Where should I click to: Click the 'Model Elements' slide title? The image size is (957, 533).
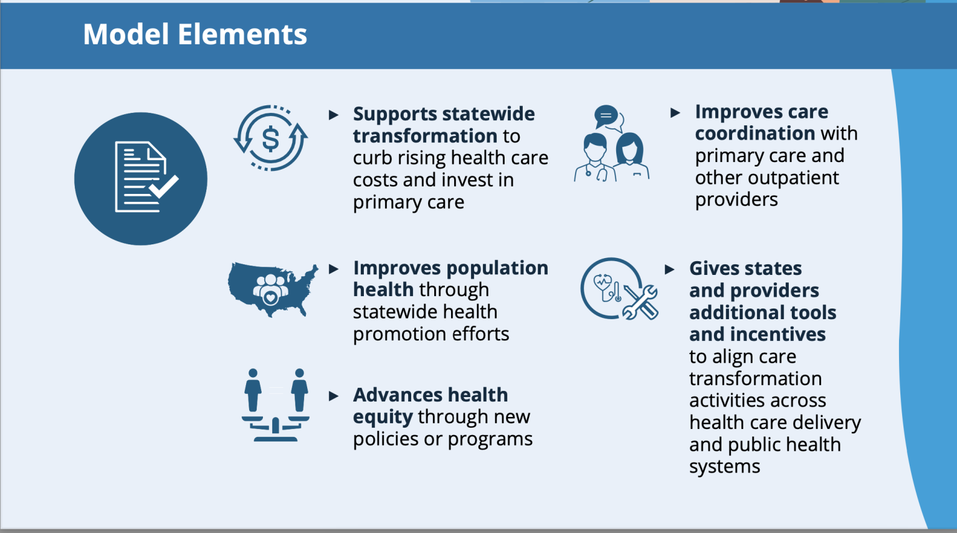coord(195,34)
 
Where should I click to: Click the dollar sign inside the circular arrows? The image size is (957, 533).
coord(270,140)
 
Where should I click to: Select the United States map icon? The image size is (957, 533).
coord(273,289)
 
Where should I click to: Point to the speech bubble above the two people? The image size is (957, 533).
coord(606,116)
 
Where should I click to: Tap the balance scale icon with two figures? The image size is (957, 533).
coord(275,405)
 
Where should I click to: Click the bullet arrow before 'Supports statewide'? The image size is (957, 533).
coord(333,115)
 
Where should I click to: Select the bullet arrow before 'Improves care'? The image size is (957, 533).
coord(675,113)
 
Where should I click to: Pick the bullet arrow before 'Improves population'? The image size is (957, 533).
coord(333,269)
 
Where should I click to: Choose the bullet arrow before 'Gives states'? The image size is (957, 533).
coord(670,269)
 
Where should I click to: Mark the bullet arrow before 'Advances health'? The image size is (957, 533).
coord(333,396)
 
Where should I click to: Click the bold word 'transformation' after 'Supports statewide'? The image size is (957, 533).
coord(425,136)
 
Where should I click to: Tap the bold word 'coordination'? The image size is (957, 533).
coord(755,133)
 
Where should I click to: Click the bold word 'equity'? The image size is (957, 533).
coord(383,417)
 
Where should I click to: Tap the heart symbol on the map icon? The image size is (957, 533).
coord(270,297)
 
